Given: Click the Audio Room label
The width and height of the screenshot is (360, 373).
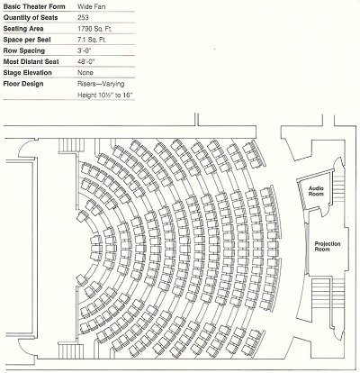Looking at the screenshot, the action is [x=316, y=191].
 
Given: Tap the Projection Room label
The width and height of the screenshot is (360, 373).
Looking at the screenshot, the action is [x=328, y=246].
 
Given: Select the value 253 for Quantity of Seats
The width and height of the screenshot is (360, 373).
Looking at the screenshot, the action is [x=83, y=17].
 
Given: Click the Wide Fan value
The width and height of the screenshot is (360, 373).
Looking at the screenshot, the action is [x=91, y=6].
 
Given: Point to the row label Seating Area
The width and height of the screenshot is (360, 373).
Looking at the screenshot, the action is [x=23, y=29].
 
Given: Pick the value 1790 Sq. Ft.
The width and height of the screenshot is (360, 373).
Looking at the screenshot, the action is [x=94, y=29].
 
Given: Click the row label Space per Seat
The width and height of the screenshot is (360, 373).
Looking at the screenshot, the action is [x=27, y=40].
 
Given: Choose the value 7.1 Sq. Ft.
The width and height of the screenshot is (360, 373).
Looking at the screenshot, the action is [x=92, y=40].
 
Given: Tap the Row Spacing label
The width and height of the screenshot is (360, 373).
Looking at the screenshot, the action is [x=24, y=50].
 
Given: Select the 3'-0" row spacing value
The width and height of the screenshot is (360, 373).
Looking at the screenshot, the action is [x=84, y=50].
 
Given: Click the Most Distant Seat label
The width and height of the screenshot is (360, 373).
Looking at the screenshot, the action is [x=31, y=61].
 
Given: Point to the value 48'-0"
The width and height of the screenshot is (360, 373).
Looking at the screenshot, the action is [x=85, y=61].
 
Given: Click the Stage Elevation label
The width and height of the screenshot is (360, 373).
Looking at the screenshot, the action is [x=27, y=73].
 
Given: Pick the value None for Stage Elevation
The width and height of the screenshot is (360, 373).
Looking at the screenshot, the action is [x=85, y=73].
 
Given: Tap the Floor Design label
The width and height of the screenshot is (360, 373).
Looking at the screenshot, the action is [x=23, y=84].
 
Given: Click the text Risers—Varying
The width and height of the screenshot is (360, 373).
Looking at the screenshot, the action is [x=101, y=84].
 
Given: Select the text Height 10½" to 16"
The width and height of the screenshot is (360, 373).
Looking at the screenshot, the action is [x=105, y=96].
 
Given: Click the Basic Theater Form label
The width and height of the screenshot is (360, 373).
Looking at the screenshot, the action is [x=34, y=6].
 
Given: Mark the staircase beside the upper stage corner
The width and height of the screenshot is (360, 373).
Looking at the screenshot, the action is [x=71, y=146].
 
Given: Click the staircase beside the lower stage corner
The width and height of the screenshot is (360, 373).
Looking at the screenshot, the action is [x=71, y=350].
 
